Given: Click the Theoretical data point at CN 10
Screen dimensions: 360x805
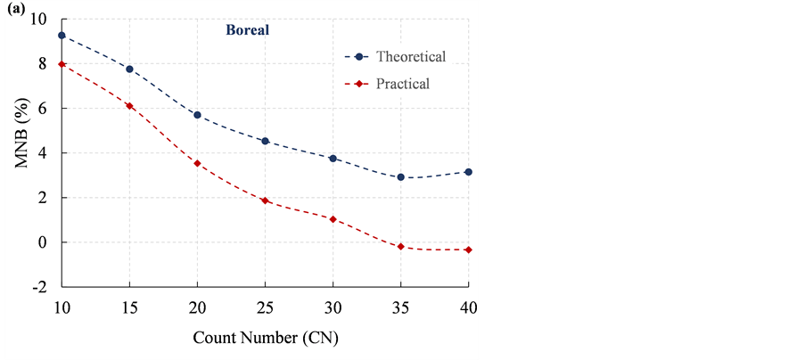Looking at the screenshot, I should point(62,36).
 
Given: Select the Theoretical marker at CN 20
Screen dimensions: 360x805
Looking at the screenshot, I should point(197,115).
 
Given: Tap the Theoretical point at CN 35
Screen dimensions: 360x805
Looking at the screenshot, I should point(401,177).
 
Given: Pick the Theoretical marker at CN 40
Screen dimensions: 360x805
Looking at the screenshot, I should point(469,172).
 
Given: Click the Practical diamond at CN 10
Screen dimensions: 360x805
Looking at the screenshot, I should point(62,64).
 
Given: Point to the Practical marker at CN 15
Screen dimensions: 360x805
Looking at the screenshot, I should point(129,106).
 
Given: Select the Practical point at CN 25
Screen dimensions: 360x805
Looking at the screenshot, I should point(265,200).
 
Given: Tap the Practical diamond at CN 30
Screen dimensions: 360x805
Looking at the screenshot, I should point(333,219).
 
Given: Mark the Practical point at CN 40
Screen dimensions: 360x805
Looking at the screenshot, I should point(469,250).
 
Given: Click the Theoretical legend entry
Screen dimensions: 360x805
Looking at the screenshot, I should point(410,57).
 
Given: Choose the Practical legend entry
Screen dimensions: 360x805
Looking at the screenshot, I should point(402,85).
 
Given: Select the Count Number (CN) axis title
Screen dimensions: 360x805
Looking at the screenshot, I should point(265,339).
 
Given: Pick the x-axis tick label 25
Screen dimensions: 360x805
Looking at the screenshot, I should point(265,307).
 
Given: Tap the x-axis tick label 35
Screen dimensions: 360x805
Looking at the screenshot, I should point(401,307).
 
